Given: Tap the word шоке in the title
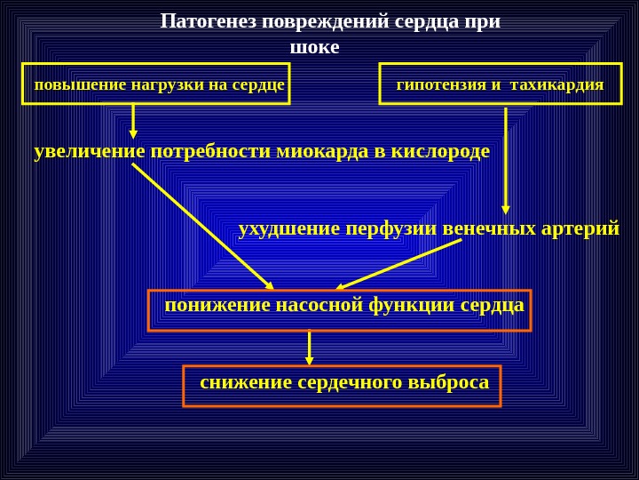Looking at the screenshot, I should [x=315, y=47].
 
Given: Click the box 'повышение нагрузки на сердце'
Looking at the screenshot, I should [x=156, y=84].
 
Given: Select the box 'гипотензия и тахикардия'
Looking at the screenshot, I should [x=501, y=84].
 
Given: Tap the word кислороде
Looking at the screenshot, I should [x=440, y=151].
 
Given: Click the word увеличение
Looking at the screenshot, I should [x=90, y=151].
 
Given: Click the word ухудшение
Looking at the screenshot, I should [x=289, y=228].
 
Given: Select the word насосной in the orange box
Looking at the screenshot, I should [x=319, y=305].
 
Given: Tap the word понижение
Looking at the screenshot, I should [x=217, y=305].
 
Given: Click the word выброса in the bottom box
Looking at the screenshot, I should [x=447, y=382].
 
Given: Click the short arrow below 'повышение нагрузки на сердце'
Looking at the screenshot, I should [x=133, y=121].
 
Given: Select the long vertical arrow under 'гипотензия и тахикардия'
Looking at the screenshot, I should [x=505, y=160].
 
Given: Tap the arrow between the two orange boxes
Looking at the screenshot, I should [x=309, y=348].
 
